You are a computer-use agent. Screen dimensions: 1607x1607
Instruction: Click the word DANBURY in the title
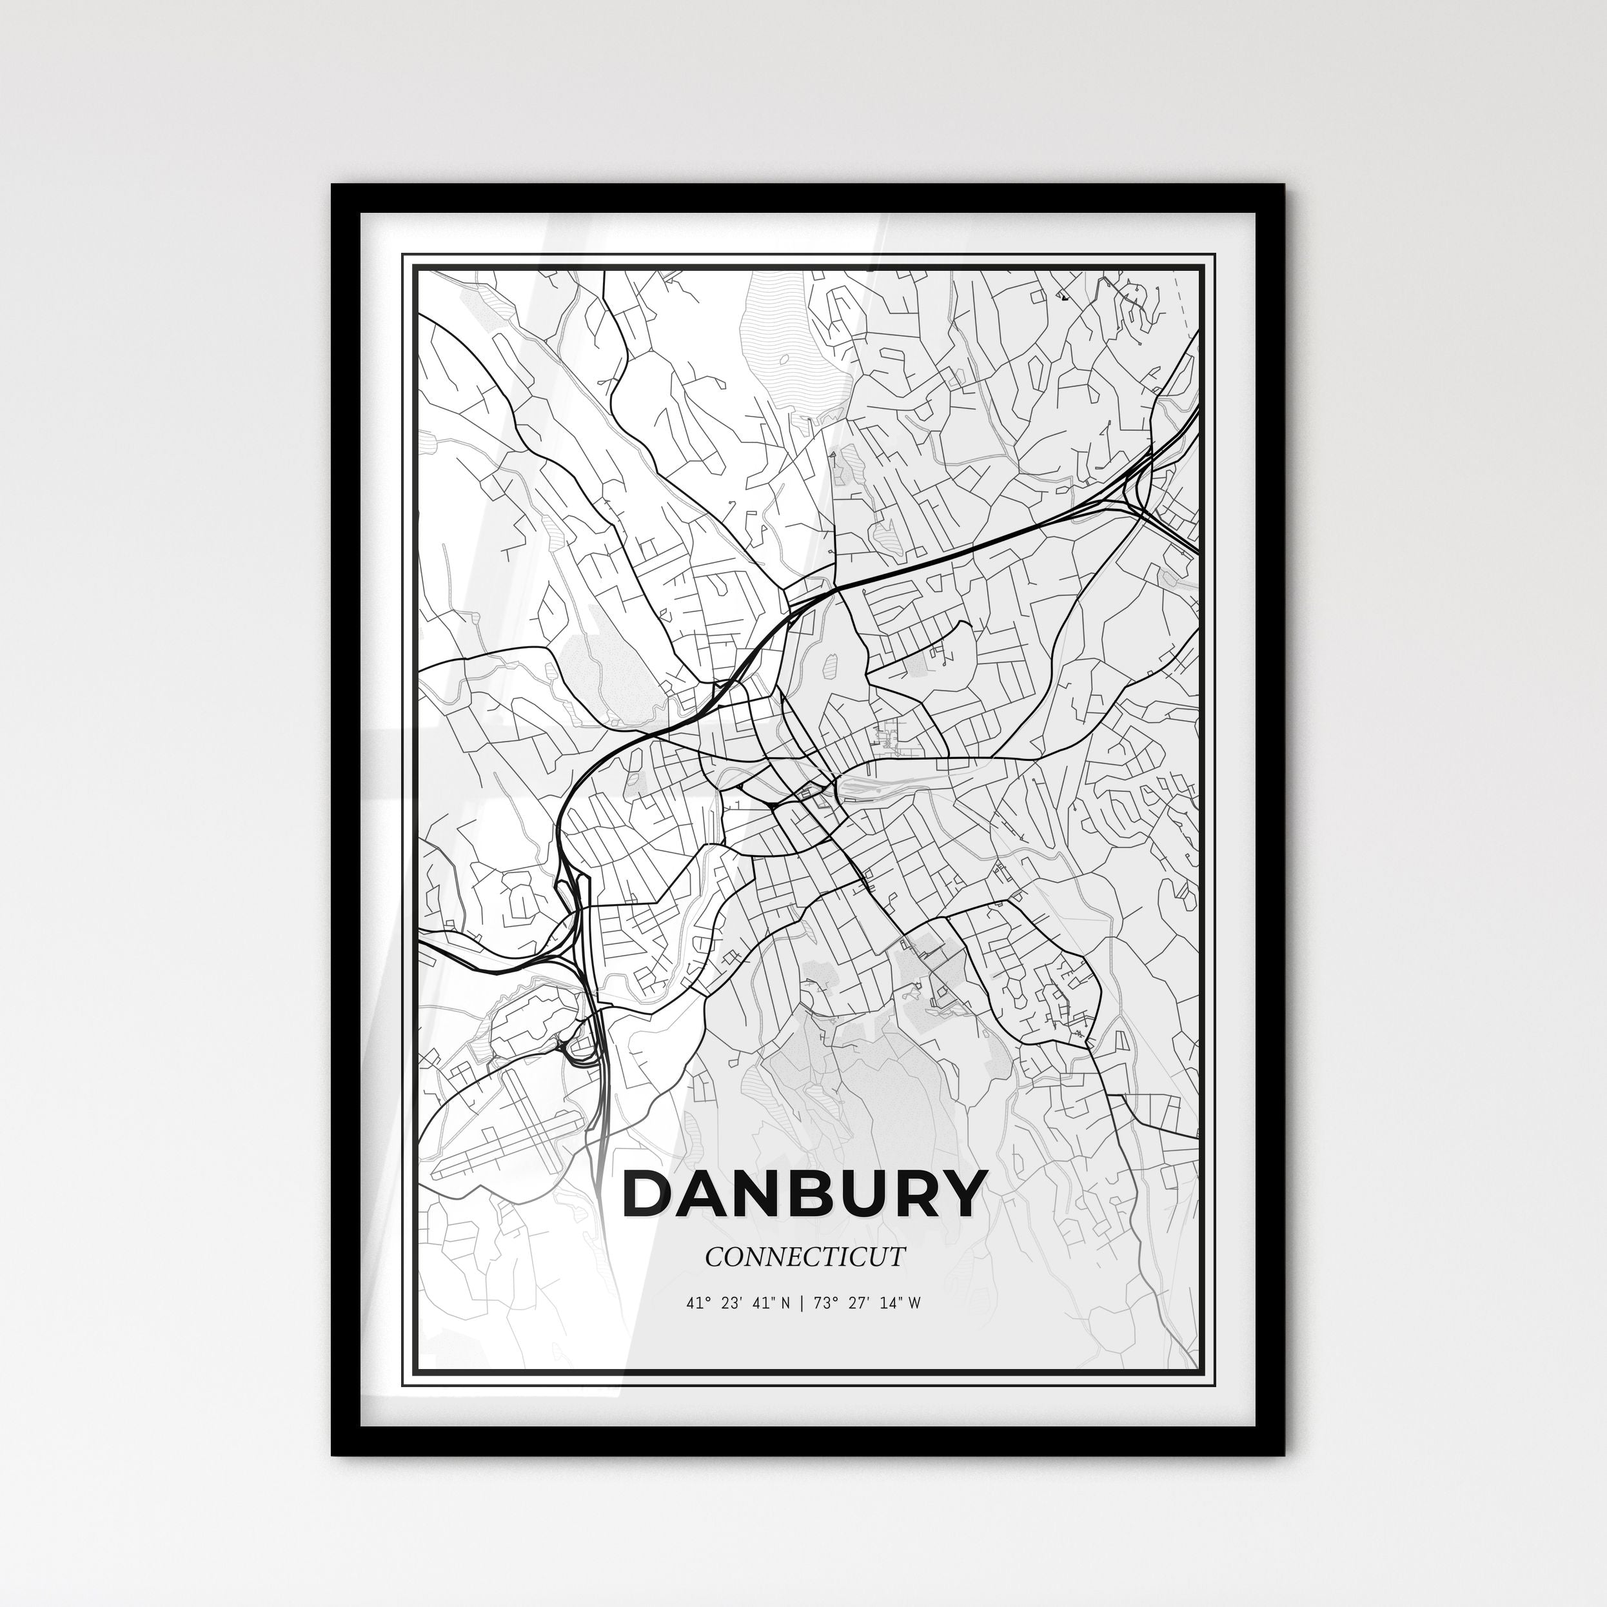(x=803, y=1196)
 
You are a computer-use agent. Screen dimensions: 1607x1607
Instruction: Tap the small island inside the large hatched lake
(x=784, y=359)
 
